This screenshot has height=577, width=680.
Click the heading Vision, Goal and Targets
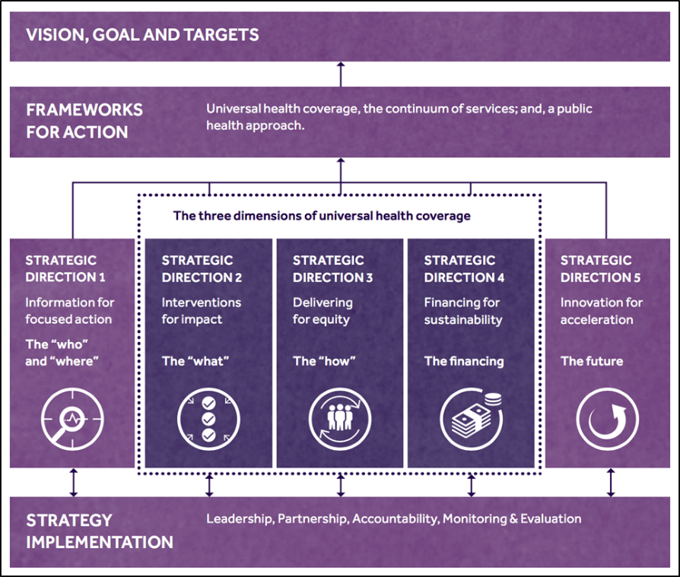[142, 35]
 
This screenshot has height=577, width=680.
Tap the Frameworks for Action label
[84, 120]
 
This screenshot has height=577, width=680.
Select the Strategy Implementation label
[100, 531]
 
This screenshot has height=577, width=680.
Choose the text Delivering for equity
[323, 311]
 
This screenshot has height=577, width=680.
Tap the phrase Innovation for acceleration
[601, 311]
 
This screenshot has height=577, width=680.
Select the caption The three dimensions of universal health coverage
[322, 216]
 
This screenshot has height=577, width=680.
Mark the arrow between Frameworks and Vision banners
[340, 75]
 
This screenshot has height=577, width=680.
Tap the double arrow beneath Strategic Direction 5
[610, 482]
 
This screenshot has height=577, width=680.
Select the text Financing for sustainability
[463, 311]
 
